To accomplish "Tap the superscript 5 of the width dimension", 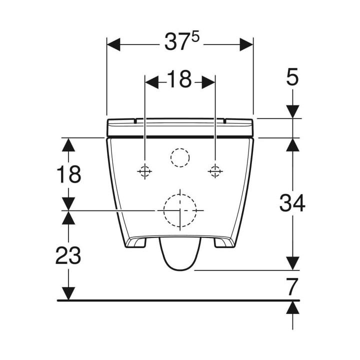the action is [x=195, y=37].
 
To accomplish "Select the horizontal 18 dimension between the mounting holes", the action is [x=179, y=79].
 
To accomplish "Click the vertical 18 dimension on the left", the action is [x=68, y=174].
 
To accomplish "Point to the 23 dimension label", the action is [x=68, y=255].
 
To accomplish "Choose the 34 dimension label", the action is [x=292, y=202].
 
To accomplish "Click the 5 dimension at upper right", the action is [x=292, y=76].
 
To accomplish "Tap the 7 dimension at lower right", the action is [x=292, y=286].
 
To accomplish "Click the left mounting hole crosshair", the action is [x=144, y=171].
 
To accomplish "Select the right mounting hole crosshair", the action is [x=215, y=171].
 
